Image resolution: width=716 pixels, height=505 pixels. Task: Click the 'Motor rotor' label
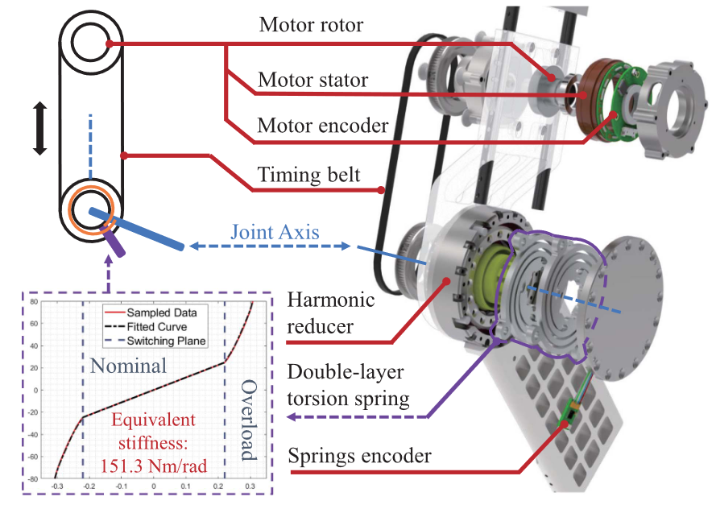tap(311, 26)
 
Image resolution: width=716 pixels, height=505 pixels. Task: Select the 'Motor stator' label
tap(312, 81)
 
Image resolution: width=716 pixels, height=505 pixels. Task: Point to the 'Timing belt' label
tap(308, 175)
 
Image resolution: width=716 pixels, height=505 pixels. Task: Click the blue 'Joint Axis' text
tap(275, 234)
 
